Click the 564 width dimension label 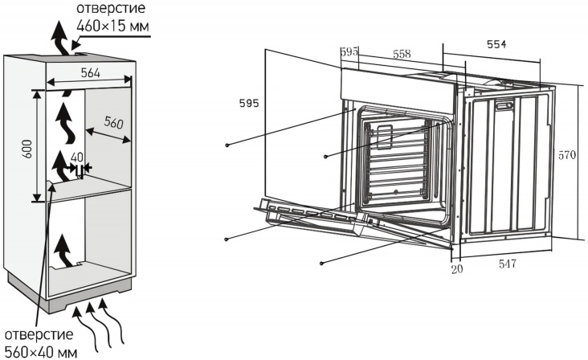coord(89,73)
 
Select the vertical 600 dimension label coord(28,145)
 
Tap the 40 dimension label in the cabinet coord(77,157)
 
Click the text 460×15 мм coord(112,27)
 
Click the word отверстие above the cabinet coord(111,9)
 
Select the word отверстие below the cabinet coord(38,334)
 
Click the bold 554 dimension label coord(496,45)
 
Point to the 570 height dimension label coord(567,155)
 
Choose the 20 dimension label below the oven coord(456,268)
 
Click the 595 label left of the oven coord(249,103)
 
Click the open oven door coord(313,217)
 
